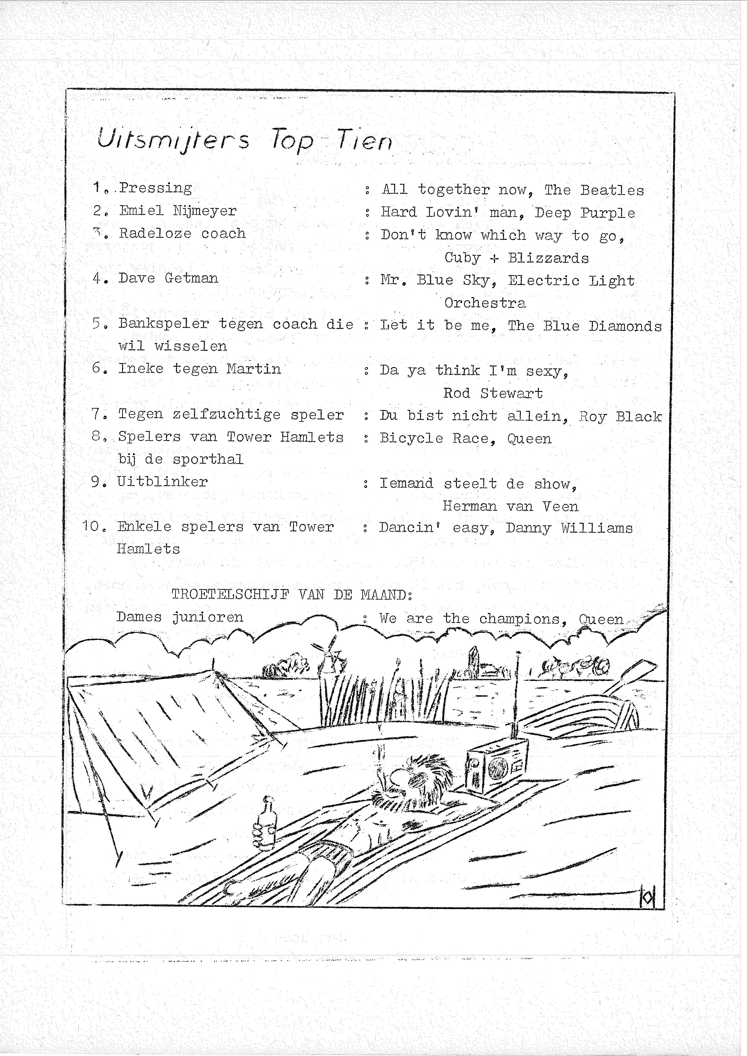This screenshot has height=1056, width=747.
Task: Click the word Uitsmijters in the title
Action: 173,139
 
